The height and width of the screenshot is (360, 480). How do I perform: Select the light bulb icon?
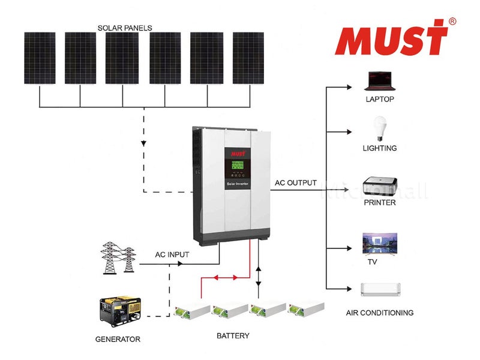(x=379, y=128)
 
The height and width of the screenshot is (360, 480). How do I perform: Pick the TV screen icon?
(x=380, y=243)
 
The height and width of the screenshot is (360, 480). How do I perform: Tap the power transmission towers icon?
(x=118, y=257)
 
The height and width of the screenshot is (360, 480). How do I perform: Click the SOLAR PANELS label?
(x=125, y=28)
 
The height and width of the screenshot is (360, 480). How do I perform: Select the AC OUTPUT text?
(x=295, y=182)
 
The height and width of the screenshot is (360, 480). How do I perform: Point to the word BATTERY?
(x=233, y=335)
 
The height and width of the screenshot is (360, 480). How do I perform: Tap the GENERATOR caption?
(x=118, y=339)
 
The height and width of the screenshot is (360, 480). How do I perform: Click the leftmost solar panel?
(x=40, y=58)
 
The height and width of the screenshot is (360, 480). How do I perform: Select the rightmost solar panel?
(x=248, y=58)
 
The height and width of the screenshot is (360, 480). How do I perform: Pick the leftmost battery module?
(x=191, y=311)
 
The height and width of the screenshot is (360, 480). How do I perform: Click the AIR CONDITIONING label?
(x=380, y=313)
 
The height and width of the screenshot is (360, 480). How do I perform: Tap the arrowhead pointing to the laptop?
(x=348, y=87)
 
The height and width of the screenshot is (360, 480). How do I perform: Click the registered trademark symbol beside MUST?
(x=452, y=21)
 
